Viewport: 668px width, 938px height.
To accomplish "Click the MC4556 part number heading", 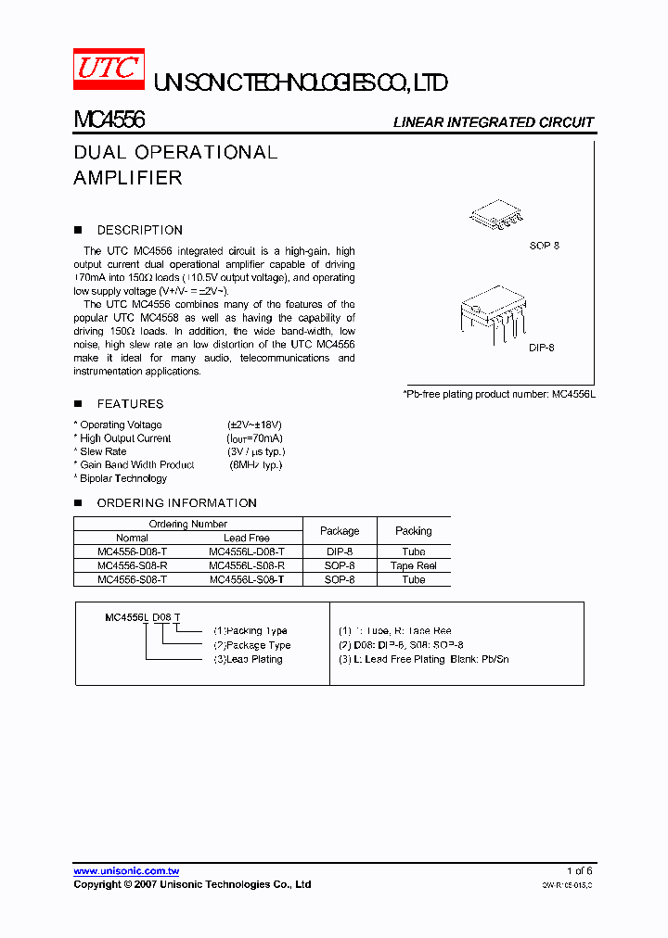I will pyautogui.click(x=109, y=121).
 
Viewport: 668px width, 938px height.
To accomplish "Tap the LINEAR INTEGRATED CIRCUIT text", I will pyautogui.click(x=493, y=122).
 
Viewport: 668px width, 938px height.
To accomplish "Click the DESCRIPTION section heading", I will pyautogui.click(x=139, y=230).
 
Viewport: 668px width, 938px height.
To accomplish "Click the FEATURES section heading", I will pyautogui.click(x=130, y=404).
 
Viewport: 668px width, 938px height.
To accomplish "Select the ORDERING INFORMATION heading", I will pyautogui.click(x=176, y=503).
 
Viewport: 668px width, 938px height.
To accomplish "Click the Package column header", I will pyautogui.click(x=340, y=531).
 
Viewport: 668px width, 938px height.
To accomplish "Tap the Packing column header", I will pyautogui.click(x=413, y=531).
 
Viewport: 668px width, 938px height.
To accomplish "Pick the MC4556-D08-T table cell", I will pyautogui.click(x=133, y=551).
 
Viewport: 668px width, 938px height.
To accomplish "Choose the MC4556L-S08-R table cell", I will pyautogui.click(x=247, y=565).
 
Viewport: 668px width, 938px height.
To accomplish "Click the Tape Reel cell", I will pyautogui.click(x=413, y=565).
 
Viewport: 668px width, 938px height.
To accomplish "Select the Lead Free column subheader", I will pyautogui.click(x=247, y=538).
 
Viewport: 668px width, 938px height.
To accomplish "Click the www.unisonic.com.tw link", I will pyautogui.click(x=126, y=871).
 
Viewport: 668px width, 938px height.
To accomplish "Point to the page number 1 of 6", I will pyautogui.click(x=579, y=871).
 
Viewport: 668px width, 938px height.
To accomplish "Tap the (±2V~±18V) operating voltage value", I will pyautogui.click(x=254, y=425).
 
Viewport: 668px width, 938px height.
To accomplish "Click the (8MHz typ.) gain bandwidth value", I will pyautogui.click(x=255, y=465).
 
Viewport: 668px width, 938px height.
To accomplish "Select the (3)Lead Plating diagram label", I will pyautogui.click(x=248, y=659).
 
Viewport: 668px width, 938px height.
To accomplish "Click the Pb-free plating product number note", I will pyautogui.click(x=498, y=394).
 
